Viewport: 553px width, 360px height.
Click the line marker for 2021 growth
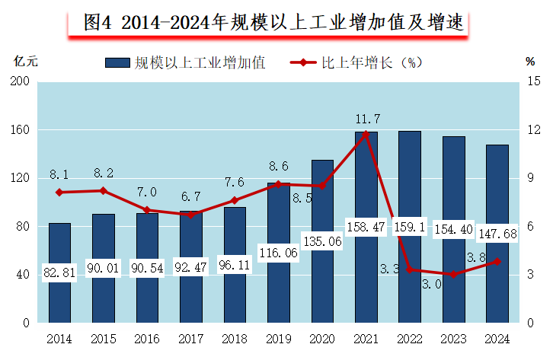366,134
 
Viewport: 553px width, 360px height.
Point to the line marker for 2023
453,274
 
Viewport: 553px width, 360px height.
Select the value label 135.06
321,241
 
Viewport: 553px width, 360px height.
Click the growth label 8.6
278,166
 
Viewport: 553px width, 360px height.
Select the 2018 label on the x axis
234,337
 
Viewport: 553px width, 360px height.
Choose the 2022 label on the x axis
409,337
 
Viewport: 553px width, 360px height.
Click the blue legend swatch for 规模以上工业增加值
116,63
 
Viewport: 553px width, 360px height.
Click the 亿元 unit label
26,62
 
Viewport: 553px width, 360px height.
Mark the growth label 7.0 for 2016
147,192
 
